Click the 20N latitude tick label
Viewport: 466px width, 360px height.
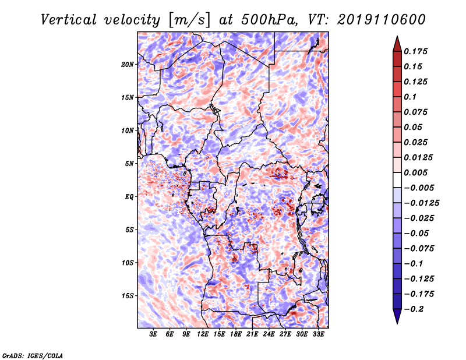128,64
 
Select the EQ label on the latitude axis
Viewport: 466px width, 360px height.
129,197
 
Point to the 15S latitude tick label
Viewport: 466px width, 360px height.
128,296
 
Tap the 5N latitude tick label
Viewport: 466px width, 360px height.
129,164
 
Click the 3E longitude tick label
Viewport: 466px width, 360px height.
153,334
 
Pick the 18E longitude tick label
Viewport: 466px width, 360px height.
236,334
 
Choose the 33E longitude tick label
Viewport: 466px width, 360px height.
318,334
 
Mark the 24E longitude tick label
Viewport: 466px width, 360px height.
269,334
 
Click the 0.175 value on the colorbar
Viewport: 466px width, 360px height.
415,51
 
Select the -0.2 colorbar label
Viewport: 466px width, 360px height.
414,309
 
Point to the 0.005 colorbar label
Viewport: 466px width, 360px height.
415,172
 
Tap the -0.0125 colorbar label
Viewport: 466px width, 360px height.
421,203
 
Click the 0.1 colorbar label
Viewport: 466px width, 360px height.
410,97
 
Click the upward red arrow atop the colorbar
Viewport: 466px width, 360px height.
397,44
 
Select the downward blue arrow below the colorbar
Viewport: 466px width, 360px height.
397,316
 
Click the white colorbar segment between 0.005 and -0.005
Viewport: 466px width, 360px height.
397,180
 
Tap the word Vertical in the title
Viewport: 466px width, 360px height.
69,20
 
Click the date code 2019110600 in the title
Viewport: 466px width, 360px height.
382,20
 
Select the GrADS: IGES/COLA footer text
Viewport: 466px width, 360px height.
33,356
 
